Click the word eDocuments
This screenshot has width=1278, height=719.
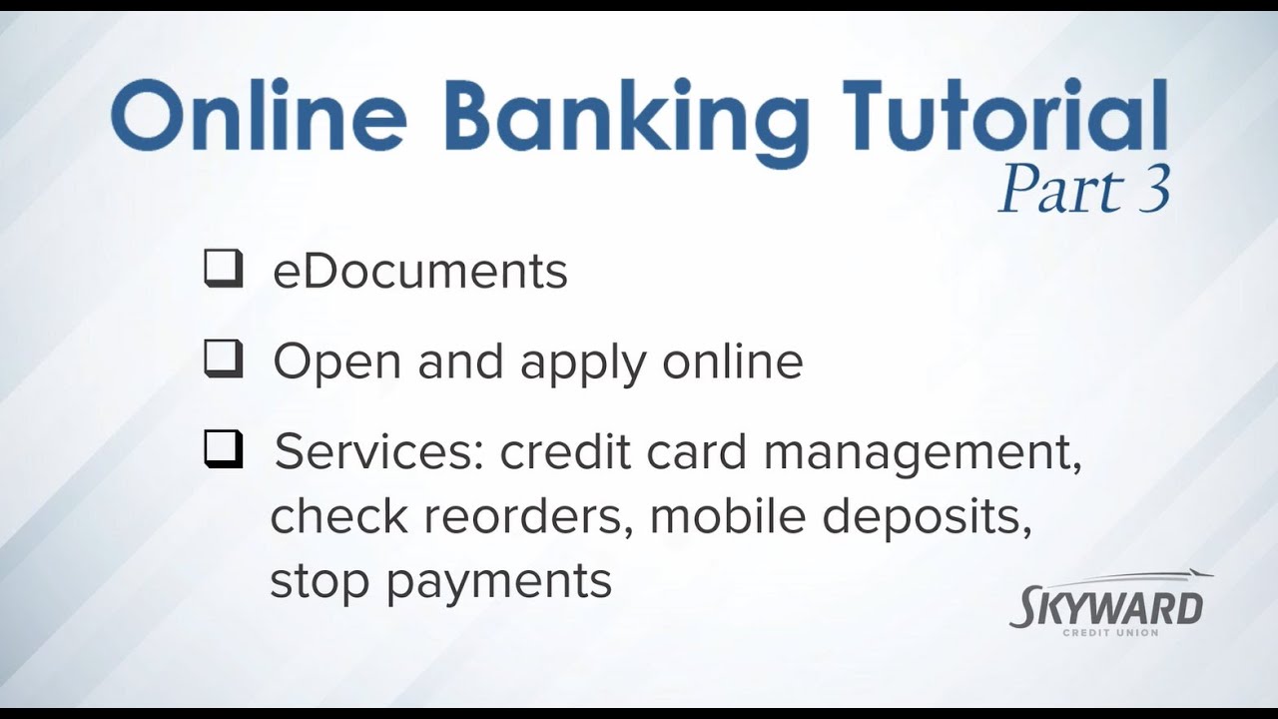click(419, 272)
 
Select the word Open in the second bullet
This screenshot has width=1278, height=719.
click(337, 361)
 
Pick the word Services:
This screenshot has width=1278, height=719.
click(379, 452)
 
